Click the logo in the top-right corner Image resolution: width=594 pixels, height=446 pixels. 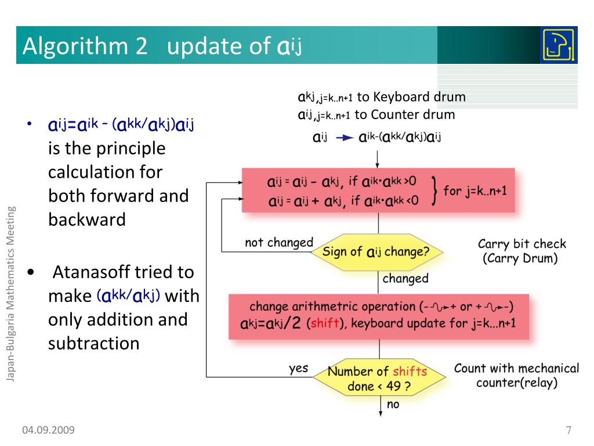pyautogui.click(x=558, y=45)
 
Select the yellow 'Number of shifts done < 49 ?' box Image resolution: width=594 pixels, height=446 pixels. pyautogui.click(x=378, y=379)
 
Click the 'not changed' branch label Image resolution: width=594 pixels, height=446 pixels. pyautogui.click(x=278, y=242)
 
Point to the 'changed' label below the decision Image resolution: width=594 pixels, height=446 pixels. pyautogui.click(x=405, y=279)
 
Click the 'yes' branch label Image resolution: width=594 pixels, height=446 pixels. pyautogui.click(x=299, y=368)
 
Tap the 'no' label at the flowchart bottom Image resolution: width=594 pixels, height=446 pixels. pyautogui.click(x=393, y=404)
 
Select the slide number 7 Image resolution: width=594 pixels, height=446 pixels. pyautogui.click(x=568, y=430)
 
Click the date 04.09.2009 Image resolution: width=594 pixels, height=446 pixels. pyautogui.click(x=49, y=430)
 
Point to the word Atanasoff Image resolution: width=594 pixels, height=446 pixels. pyautogui.click(x=90, y=272)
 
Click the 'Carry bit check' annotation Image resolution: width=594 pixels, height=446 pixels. pyautogui.click(x=521, y=244)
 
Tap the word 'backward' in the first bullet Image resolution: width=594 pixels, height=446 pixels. pyautogui.click(x=87, y=220)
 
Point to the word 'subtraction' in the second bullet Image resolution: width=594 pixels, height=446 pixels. pyautogui.click(x=94, y=343)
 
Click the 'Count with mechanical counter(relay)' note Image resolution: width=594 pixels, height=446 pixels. pyautogui.click(x=516, y=375)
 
